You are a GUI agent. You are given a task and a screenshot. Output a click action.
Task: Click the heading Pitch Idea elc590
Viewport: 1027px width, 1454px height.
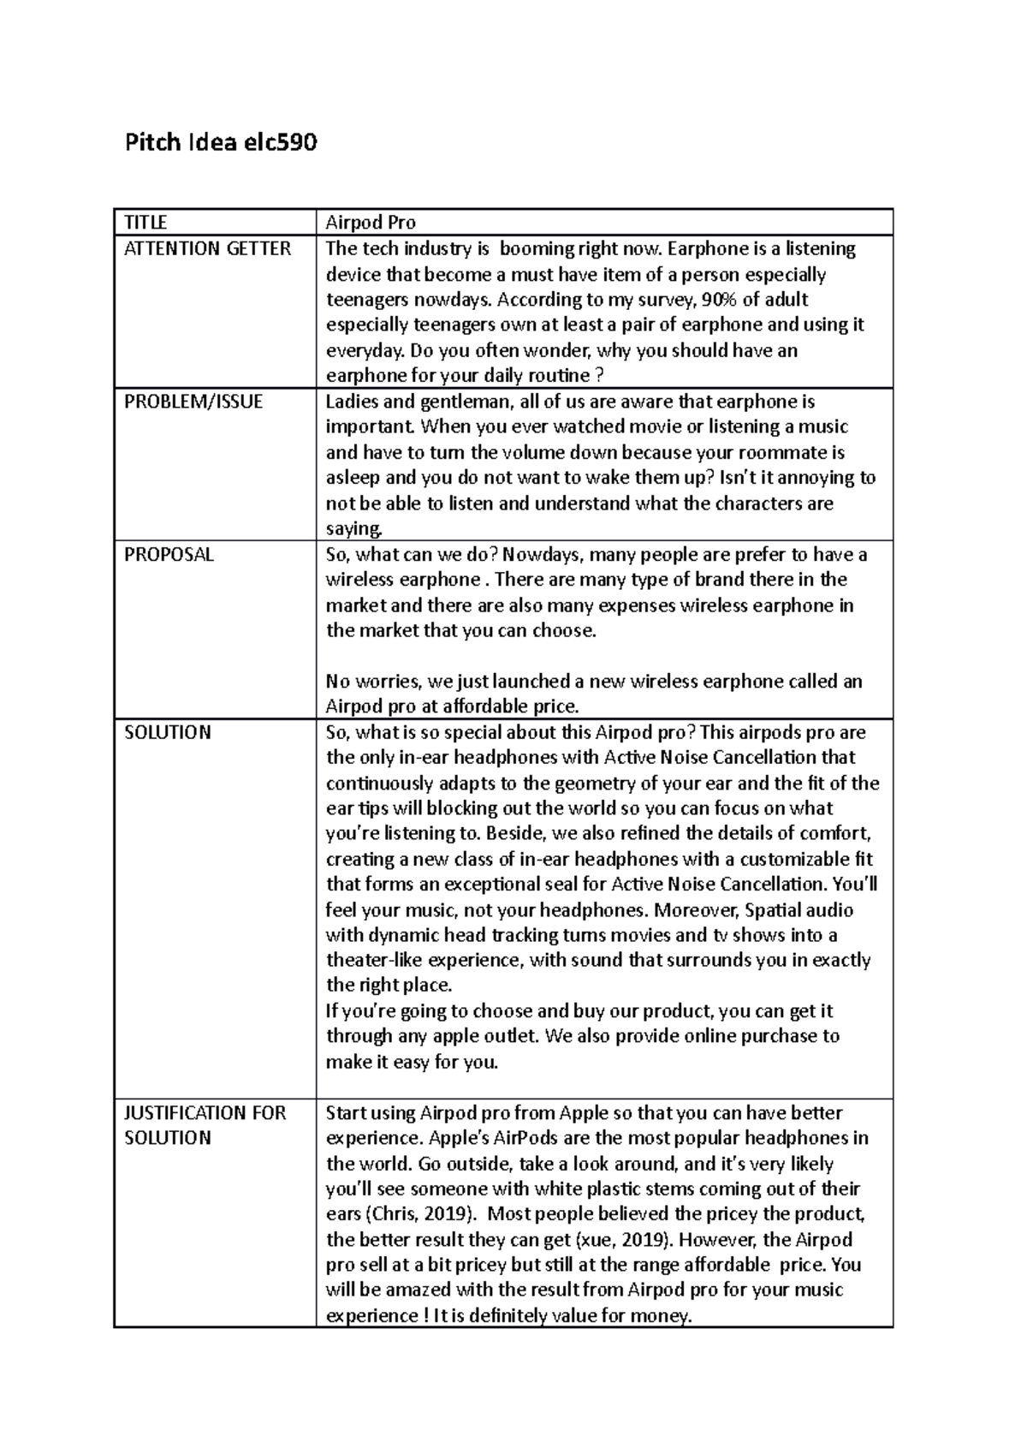[221, 142]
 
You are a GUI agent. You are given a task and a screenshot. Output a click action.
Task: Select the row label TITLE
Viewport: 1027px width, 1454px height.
[145, 223]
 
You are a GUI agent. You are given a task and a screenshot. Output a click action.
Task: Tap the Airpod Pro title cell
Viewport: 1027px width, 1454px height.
[371, 223]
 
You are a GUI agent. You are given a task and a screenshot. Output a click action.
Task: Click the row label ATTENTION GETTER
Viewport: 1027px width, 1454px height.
[207, 248]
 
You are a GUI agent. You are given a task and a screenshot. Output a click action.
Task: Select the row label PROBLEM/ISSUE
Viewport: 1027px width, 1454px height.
[193, 402]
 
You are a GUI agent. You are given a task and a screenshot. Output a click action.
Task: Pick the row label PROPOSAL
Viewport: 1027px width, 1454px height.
[169, 554]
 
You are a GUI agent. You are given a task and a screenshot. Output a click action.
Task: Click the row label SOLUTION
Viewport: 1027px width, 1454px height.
[167, 732]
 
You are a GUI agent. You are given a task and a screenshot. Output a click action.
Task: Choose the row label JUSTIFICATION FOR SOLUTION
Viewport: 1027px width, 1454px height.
[205, 1124]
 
